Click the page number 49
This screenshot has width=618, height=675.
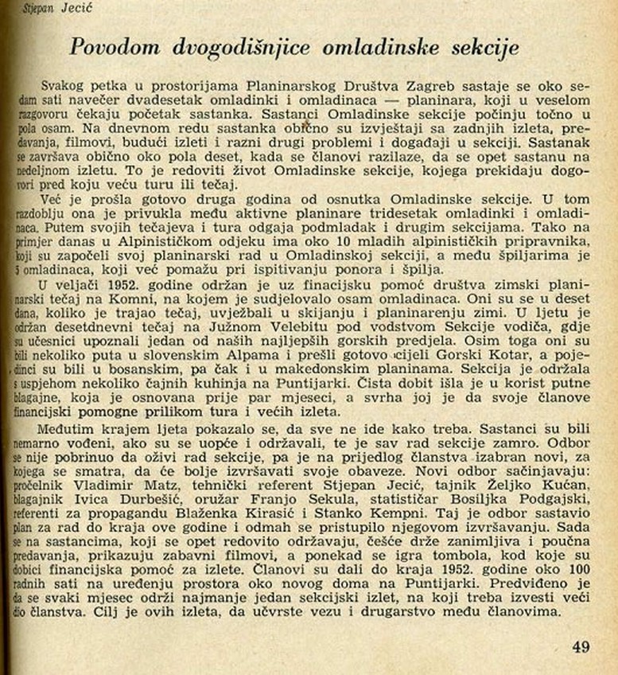click(x=581, y=646)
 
